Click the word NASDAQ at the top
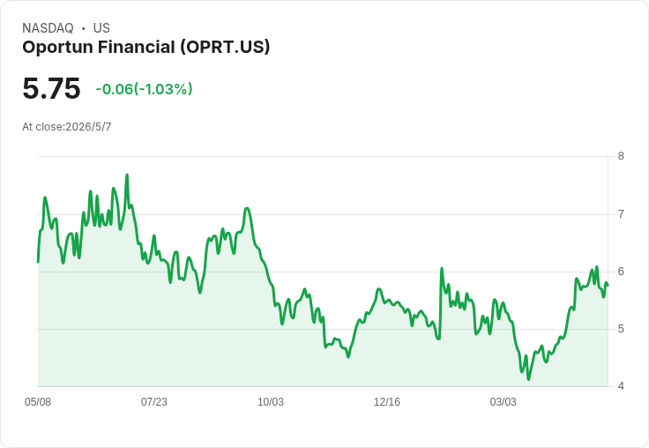coord(48,28)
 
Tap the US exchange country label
coord(101,28)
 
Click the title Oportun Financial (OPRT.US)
coord(146,48)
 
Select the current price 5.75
coord(51,88)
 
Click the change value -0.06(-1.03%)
coord(144,89)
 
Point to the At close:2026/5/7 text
coord(67,127)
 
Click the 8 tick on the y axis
coord(621,156)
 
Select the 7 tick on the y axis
coord(621,214)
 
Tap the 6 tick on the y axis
coord(621,272)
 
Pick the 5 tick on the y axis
coord(621,329)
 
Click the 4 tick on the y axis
coord(621,386)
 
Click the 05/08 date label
coord(38,402)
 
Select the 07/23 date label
coord(154,402)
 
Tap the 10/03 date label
coord(271,402)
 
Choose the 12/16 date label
coord(387,402)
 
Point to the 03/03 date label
coord(504,402)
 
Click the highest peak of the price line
coord(127,175)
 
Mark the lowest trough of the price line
coord(528,379)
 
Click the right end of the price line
coord(608,285)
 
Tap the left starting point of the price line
coord(38,262)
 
